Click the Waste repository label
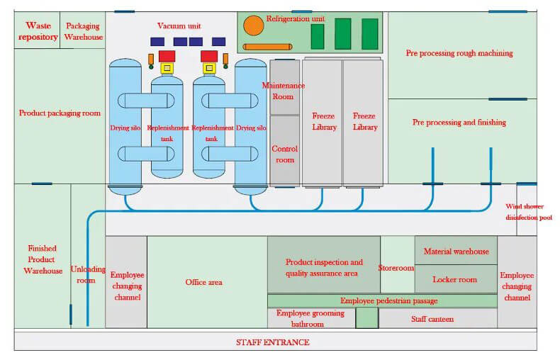38,31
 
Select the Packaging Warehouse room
84,31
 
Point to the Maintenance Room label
284,91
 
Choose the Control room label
284,154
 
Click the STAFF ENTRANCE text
273,342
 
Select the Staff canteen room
432,320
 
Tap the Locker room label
454,280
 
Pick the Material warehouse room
456,252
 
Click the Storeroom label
396,269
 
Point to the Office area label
204,282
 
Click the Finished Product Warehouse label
43,259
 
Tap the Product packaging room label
60,113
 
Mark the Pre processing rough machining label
459,53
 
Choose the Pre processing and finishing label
459,123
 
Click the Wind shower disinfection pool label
528,212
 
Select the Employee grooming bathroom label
310,318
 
